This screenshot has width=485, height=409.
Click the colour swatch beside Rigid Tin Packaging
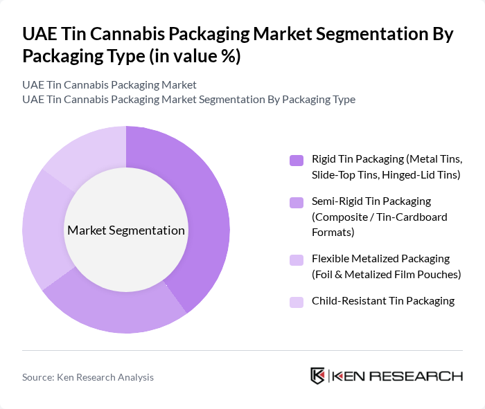click(297, 160)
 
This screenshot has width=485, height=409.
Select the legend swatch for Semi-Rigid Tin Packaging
click(297, 202)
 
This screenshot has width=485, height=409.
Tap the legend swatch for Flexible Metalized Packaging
click(297, 260)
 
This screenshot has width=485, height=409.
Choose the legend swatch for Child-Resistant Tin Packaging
click(297, 302)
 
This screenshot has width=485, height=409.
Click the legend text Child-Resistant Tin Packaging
click(383, 301)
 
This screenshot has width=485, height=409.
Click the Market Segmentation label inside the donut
click(126, 230)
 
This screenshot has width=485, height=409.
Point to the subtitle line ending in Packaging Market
click(109, 84)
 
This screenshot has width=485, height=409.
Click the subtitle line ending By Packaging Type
click(188, 99)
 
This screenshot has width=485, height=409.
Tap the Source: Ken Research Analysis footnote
click(88, 377)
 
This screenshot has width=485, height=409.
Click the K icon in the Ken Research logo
click(317, 376)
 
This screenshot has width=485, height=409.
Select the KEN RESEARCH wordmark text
click(398, 376)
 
